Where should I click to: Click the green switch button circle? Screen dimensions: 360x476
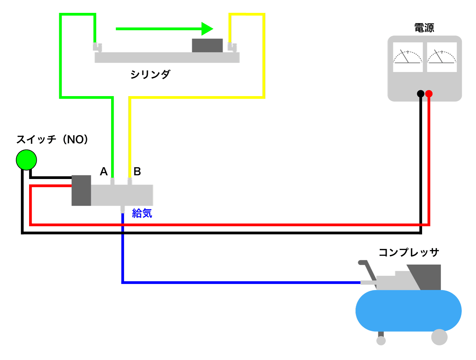pos(26,160)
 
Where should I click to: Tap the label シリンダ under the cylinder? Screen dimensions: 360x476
pos(150,74)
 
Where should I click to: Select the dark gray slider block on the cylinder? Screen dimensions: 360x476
pos(207,46)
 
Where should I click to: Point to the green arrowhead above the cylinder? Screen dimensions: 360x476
pos(207,29)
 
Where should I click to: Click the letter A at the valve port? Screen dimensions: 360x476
pos(104,172)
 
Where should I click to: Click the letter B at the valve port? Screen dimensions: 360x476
pos(137,172)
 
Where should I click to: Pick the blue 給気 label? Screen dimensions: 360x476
pos(142,213)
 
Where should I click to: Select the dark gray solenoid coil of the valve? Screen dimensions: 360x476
pos(81,191)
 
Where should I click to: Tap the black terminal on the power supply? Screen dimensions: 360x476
pos(420,94)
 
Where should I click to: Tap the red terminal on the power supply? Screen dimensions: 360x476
pos(429,94)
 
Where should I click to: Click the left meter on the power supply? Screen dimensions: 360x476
pos(408,57)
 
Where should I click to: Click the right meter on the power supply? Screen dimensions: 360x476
pos(442,57)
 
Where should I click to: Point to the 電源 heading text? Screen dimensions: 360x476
pos(424,28)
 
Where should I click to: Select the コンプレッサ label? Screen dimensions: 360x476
pos(409,253)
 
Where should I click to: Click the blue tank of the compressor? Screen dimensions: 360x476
pos(409,310)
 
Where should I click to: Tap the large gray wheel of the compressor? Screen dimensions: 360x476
pos(439,337)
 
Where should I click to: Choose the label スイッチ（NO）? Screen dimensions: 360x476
pos(52,139)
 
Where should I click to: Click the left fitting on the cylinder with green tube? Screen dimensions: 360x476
pos(97,47)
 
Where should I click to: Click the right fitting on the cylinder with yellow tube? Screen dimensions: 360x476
pos(232,47)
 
